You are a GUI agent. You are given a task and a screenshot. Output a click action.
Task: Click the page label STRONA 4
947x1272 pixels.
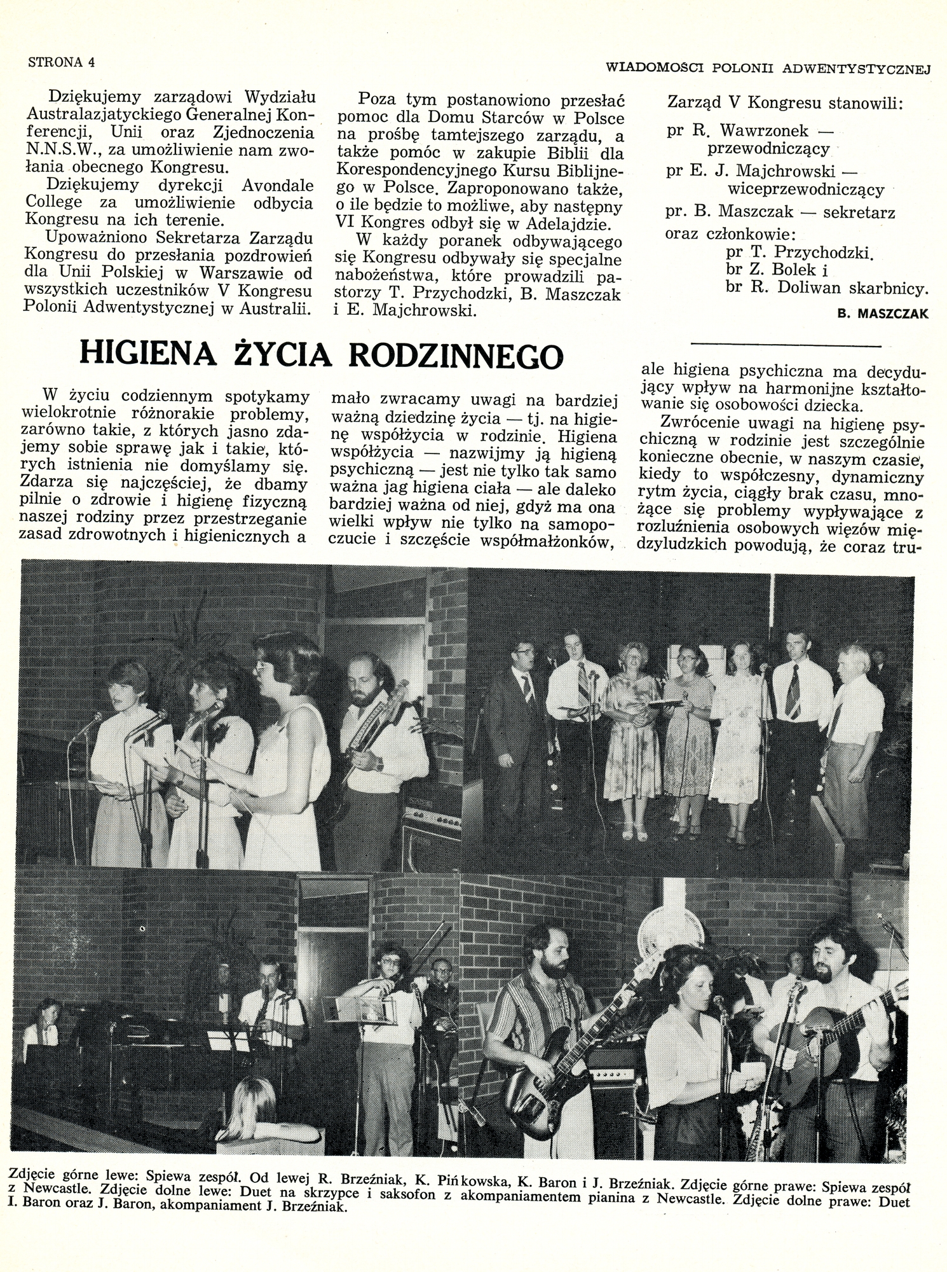[61, 62]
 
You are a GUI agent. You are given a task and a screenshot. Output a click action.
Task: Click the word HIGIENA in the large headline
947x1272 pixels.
[147, 354]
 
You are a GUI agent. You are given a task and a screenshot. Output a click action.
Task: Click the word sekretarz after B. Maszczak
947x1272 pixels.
[859, 212]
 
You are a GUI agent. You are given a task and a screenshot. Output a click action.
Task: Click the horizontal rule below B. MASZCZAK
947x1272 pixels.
[786, 345]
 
